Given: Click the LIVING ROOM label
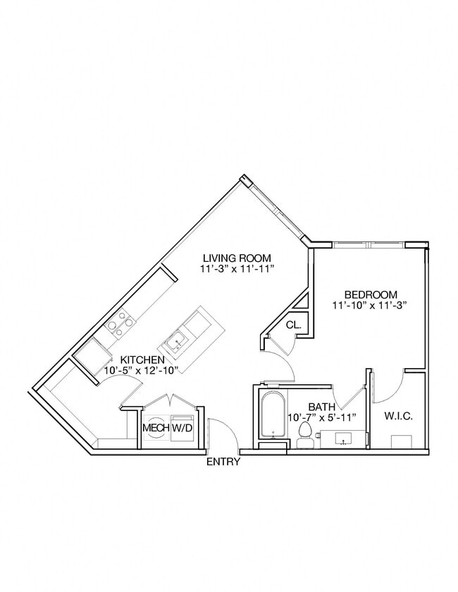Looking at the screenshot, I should point(237,258).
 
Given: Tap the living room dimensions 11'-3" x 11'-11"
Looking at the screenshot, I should point(237,269).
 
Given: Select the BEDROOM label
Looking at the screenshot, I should point(371,294).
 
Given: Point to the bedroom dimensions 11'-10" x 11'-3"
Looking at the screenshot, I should point(371,306).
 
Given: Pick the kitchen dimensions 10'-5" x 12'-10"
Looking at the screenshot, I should point(142,370).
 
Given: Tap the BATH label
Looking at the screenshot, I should point(322,406).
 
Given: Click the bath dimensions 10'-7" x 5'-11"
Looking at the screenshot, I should point(323,417).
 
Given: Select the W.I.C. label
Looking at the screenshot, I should point(398,416).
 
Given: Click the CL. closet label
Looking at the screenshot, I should point(294,325).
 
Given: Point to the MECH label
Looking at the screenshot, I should point(155,427).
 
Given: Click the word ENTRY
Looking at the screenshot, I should point(223,462).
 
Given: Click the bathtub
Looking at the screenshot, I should point(272,415).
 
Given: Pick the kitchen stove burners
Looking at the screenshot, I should point(120,325).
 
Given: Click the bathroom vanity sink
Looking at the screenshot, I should point(344,440).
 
